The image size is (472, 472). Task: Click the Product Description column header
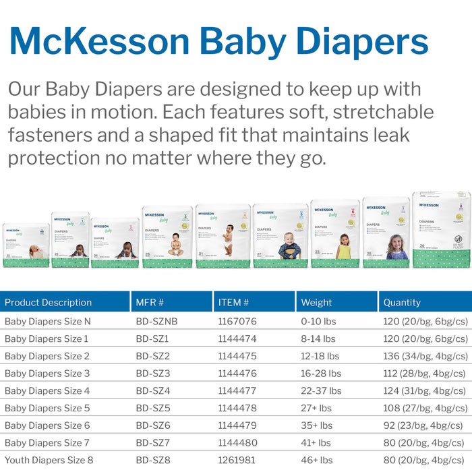48,303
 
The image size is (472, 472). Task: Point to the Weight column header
316,303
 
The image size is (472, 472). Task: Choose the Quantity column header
401,303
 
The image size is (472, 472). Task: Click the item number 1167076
237,322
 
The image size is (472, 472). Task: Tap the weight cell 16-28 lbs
321,373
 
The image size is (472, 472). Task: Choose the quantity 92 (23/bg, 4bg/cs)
422,425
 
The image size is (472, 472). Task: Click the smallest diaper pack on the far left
26,245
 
